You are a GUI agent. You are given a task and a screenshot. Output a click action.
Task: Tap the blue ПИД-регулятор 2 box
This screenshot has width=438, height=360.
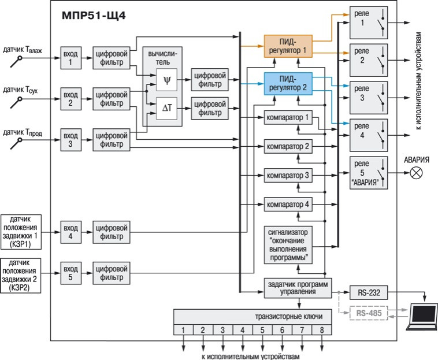(x=288, y=83)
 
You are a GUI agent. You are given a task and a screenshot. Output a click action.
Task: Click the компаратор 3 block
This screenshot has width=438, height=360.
(x=288, y=175)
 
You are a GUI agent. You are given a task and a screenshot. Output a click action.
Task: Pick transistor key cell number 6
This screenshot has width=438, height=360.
(x=282, y=331)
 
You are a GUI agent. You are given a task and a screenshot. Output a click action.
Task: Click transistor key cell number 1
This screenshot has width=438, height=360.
(x=184, y=331)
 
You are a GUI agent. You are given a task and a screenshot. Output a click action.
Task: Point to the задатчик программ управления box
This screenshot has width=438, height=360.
(x=297, y=287)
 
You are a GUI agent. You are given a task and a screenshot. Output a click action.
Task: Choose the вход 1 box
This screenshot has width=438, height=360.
(x=70, y=58)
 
